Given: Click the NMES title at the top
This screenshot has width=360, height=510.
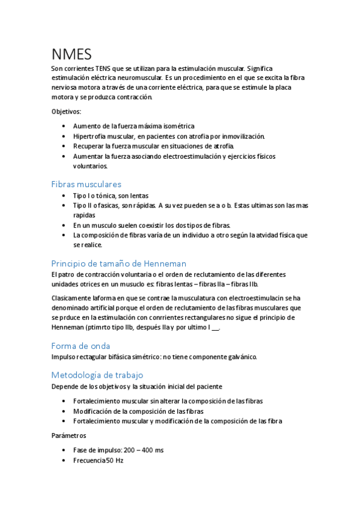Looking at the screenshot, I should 72,55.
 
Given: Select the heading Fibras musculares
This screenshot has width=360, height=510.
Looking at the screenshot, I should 87,184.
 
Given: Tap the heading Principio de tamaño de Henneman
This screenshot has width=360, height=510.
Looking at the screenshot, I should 119,263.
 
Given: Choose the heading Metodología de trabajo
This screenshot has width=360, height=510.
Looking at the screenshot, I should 97,375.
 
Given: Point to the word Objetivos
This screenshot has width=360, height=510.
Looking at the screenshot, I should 66,111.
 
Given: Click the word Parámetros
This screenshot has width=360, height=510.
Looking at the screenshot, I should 69,435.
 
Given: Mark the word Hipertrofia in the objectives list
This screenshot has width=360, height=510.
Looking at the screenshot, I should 90,137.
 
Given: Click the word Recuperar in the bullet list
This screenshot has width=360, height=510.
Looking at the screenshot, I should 88,146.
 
